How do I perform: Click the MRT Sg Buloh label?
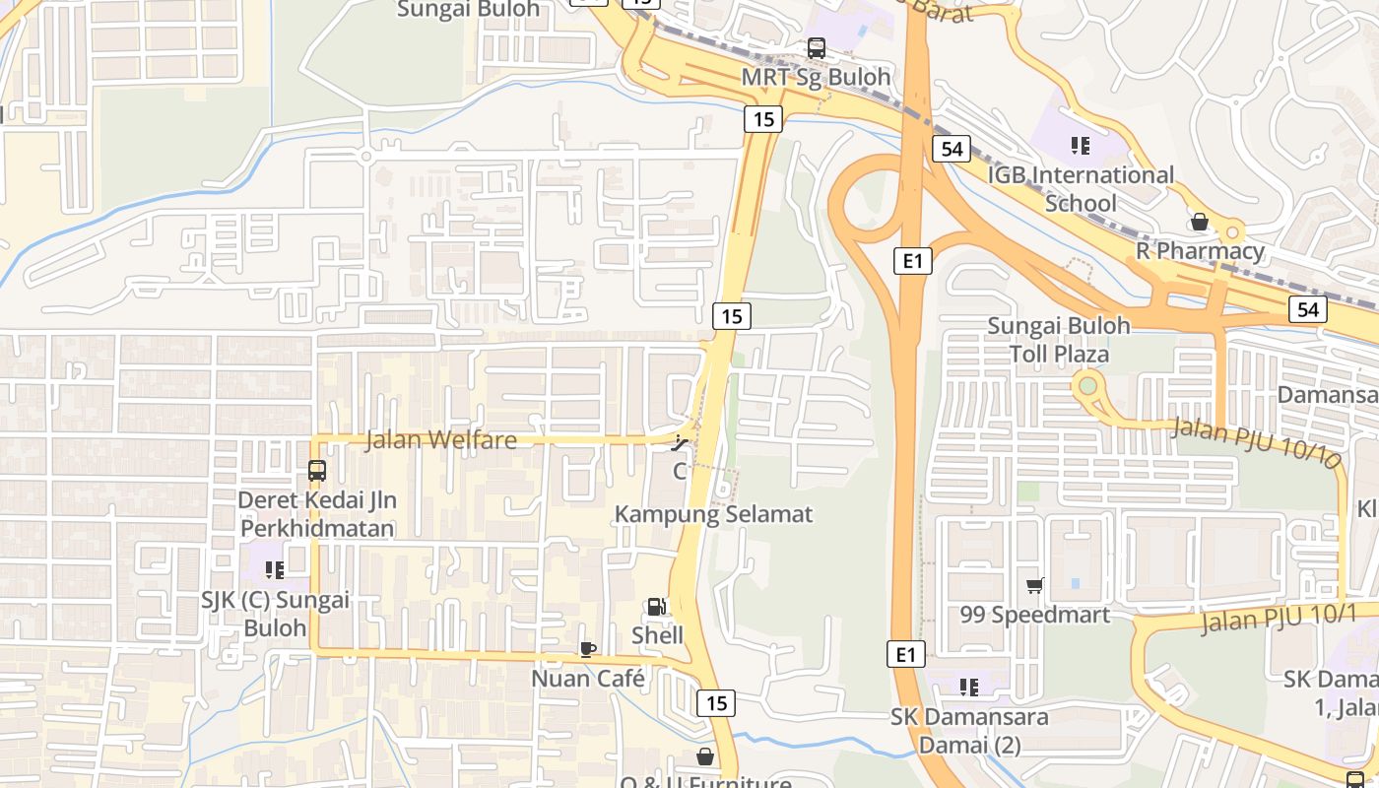tap(816, 77)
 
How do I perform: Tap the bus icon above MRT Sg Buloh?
tap(816, 47)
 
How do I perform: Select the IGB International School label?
tap(1081, 189)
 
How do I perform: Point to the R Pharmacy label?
tap(1200, 250)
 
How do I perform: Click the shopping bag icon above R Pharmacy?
tap(1199, 222)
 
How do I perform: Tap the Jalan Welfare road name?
tap(440, 440)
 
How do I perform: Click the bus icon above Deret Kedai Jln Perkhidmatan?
tap(316, 471)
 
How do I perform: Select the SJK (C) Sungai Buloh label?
tap(275, 614)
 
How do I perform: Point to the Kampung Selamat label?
tap(714, 514)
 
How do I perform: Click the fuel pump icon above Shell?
tap(656, 608)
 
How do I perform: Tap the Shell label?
tap(657, 635)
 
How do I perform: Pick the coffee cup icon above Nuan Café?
tap(587, 649)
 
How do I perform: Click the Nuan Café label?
tap(588, 679)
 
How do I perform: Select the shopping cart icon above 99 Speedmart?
tap(1034, 586)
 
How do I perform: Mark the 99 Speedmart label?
tap(1034, 615)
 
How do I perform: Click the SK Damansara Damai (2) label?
tap(969, 730)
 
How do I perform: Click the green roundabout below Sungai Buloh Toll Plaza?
tap(1087, 386)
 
